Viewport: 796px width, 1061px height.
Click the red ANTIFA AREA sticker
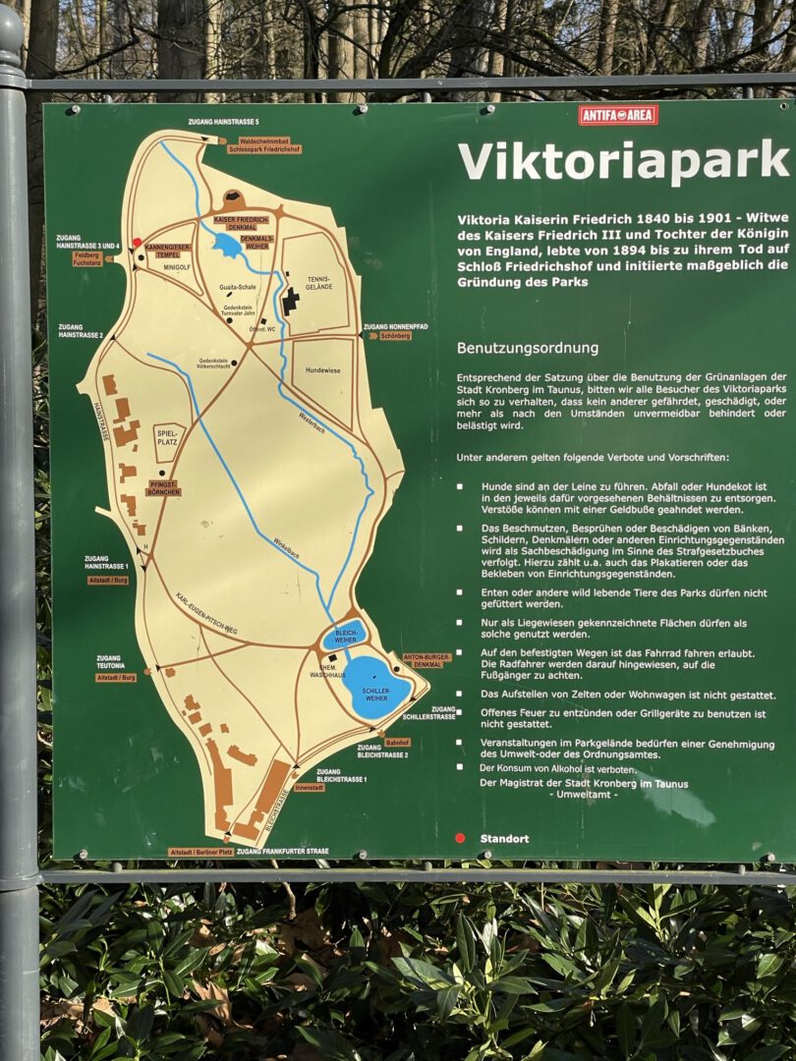pyautogui.click(x=618, y=115)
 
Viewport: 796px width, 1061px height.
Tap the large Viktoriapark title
pyautogui.click(x=624, y=160)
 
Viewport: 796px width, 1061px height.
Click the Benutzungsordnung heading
pyautogui.click(x=527, y=348)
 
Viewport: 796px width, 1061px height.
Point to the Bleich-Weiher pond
pyautogui.click(x=345, y=635)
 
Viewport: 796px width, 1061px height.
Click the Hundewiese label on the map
pyautogui.click(x=322, y=370)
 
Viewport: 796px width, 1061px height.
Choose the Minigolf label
pyautogui.click(x=177, y=266)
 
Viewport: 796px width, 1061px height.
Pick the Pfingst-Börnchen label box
pyautogui.click(x=163, y=487)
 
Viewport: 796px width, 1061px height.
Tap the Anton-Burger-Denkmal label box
pyautogui.click(x=426, y=660)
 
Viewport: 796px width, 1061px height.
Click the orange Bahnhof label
pyautogui.click(x=397, y=742)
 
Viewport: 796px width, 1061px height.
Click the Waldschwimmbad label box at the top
pyautogui.click(x=263, y=145)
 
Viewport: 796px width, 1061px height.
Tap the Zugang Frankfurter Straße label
pyautogui.click(x=282, y=851)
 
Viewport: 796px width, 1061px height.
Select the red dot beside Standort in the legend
pyautogui.click(x=460, y=838)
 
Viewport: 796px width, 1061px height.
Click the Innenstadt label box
pyautogui.click(x=309, y=788)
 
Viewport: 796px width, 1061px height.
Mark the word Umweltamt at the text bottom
pyautogui.click(x=584, y=795)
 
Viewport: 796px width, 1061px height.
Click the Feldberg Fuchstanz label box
pyautogui.click(x=87, y=258)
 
